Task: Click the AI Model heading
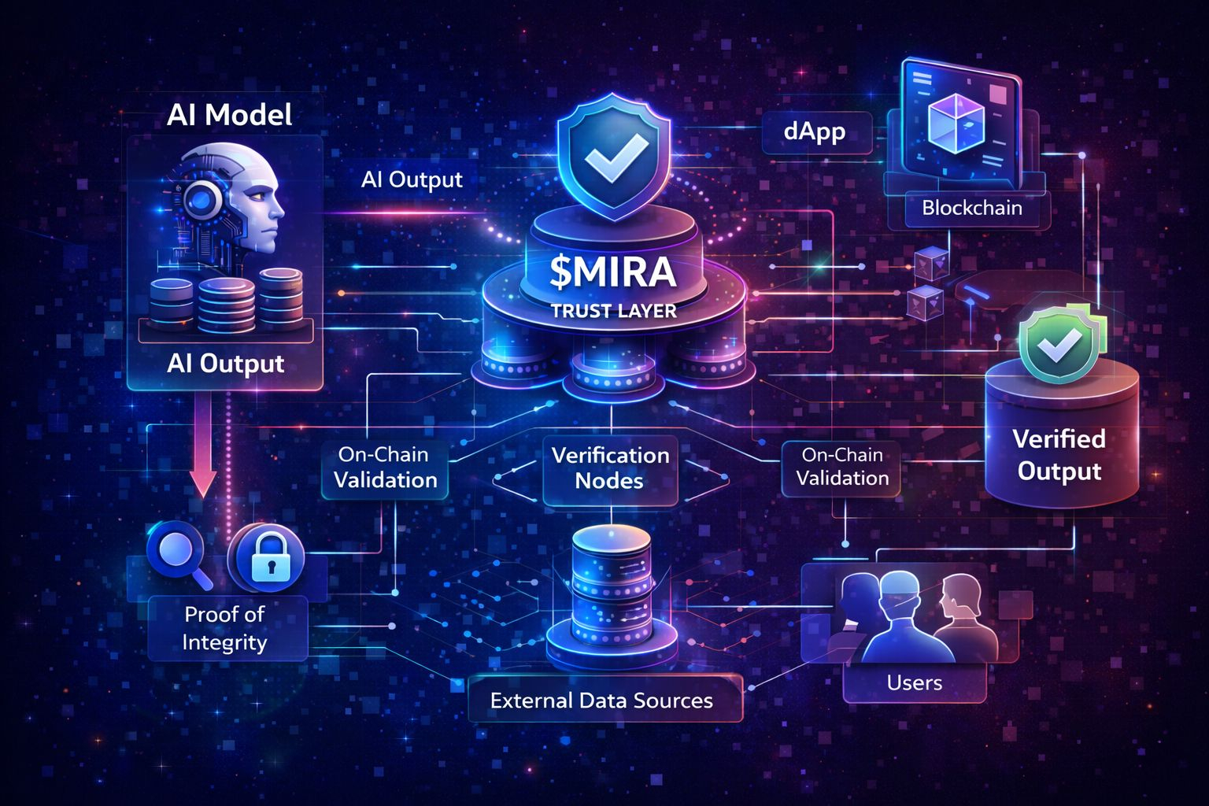(229, 116)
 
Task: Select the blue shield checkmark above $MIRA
(614, 157)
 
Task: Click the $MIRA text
(613, 272)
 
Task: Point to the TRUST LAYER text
(613, 311)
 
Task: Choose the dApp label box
(815, 131)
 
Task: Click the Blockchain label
(971, 209)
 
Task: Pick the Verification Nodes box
(610, 468)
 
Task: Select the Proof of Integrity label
(225, 628)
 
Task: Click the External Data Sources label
(602, 700)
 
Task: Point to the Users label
(914, 682)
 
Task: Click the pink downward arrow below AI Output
(203, 449)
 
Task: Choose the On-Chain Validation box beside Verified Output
(842, 467)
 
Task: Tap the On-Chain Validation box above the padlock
(385, 468)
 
